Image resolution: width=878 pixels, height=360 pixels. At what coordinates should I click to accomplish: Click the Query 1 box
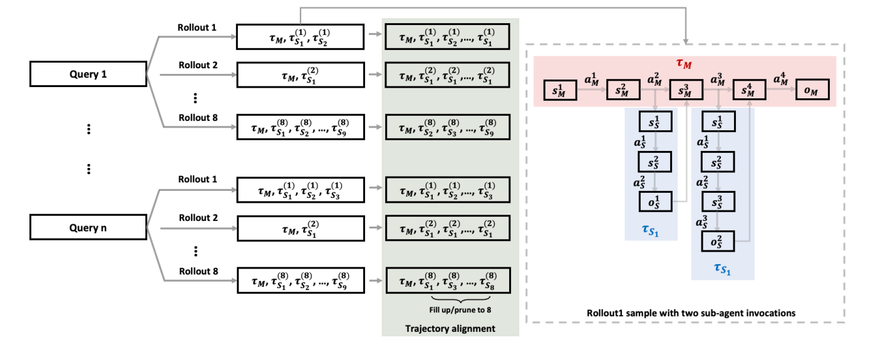point(88,74)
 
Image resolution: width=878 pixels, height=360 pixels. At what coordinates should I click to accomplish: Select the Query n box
point(88,227)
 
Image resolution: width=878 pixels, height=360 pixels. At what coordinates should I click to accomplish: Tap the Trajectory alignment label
point(450,328)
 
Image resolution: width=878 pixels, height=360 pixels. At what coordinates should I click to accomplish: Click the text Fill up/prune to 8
point(460,310)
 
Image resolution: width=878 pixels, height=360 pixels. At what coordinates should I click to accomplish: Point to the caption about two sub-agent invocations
point(691,313)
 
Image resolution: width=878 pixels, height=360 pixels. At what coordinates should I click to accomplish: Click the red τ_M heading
point(684,63)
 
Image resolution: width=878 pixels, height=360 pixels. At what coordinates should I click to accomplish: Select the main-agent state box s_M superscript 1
point(560,90)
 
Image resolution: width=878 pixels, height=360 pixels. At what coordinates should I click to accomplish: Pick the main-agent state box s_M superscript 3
point(686,90)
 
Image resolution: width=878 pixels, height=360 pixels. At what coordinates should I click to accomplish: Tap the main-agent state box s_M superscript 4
point(749,90)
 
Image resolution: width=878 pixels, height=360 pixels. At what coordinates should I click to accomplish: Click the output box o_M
point(812,90)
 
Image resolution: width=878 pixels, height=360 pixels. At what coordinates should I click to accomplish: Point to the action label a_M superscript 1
point(591,80)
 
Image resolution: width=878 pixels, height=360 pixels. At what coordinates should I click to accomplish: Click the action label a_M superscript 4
point(780,79)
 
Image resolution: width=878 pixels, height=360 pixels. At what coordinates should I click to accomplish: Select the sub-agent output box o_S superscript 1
point(655,202)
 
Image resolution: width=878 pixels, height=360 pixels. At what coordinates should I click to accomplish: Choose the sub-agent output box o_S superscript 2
point(718,241)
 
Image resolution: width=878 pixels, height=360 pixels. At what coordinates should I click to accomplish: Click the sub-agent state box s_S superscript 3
point(718,202)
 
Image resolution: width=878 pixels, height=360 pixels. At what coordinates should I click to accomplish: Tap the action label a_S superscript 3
point(702,222)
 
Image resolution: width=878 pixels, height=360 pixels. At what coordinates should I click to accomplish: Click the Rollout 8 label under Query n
point(199,271)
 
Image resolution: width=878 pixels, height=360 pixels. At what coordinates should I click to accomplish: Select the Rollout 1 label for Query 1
point(197,28)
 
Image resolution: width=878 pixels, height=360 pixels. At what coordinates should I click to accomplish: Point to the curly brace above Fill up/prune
point(460,300)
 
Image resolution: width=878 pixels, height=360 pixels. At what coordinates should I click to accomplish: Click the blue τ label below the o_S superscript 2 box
point(723,269)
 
